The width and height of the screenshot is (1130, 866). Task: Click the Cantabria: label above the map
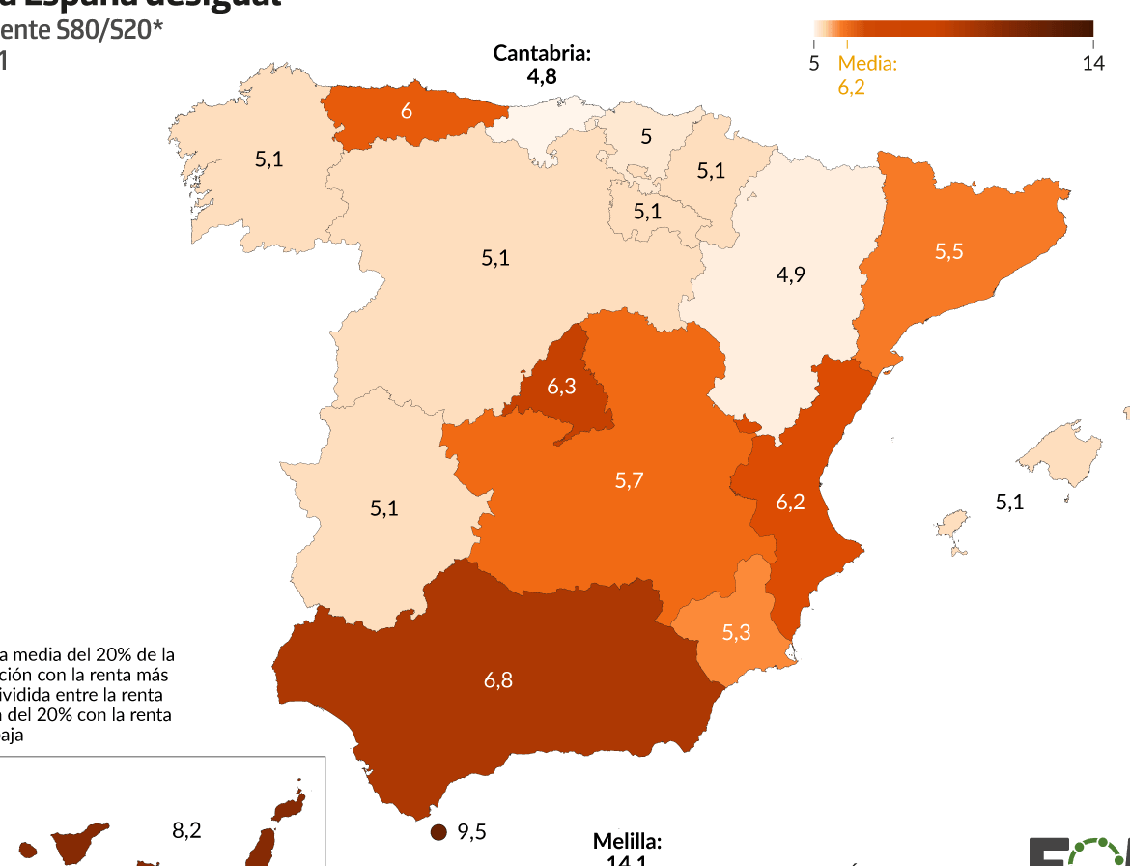[542, 53]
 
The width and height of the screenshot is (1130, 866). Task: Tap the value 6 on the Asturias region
[407, 111]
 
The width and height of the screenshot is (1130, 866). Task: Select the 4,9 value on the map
[790, 275]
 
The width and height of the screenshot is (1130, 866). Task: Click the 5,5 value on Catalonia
[948, 251]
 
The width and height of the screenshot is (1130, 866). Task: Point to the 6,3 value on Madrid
[561, 387]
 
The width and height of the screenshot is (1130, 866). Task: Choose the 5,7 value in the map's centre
[629, 480]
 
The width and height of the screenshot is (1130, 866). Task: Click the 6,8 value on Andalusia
[498, 680]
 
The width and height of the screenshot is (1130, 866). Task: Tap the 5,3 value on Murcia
[736, 633]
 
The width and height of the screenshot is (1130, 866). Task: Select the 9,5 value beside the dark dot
[471, 832]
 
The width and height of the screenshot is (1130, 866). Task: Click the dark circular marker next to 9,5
[438, 832]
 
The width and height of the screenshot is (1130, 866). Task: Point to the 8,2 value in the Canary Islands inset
[186, 830]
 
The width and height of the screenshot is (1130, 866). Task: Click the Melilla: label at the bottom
[627, 842]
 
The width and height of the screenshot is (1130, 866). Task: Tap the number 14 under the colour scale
[1093, 64]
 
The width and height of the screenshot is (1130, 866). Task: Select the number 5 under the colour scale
[813, 64]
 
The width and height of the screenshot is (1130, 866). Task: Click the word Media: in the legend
[867, 64]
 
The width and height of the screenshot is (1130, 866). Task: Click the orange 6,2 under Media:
[852, 87]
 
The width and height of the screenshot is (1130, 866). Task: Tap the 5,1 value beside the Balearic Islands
[1009, 502]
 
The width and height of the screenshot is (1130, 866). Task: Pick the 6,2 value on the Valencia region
[790, 503]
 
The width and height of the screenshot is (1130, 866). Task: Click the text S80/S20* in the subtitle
[108, 31]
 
